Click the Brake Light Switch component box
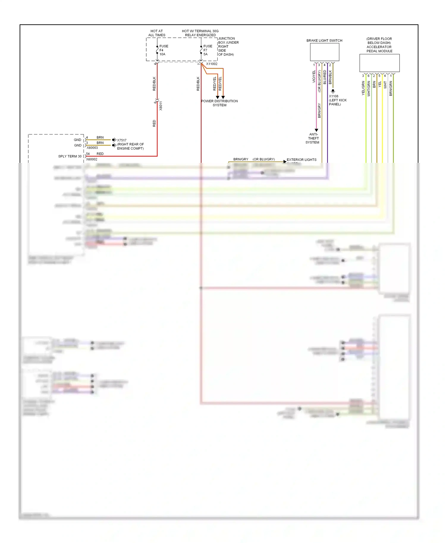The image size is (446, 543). coord(324,52)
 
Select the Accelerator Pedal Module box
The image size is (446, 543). coord(379,63)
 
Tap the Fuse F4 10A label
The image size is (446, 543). coord(164,50)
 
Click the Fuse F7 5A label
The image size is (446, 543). coord(208,50)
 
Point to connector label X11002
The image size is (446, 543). coord(212,64)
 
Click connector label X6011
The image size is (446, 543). coord(161,106)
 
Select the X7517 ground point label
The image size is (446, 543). coord(122,140)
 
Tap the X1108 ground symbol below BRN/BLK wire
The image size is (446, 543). coord(333,91)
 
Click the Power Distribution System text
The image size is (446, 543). coord(219,103)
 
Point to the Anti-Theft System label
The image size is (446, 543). coord(313,138)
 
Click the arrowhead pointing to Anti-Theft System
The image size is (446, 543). coord(316,130)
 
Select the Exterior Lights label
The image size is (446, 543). coord(301,160)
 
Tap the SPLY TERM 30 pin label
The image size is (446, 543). coord(70,156)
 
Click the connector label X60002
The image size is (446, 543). coord(92,160)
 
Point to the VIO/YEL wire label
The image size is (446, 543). coord(314,77)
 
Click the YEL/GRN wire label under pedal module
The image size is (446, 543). coord(363,88)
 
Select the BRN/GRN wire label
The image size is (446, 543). coord(391,89)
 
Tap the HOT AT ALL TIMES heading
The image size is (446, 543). coord(157,33)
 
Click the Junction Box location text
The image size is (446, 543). coord(228,47)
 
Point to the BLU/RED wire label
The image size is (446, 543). coord(325,77)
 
